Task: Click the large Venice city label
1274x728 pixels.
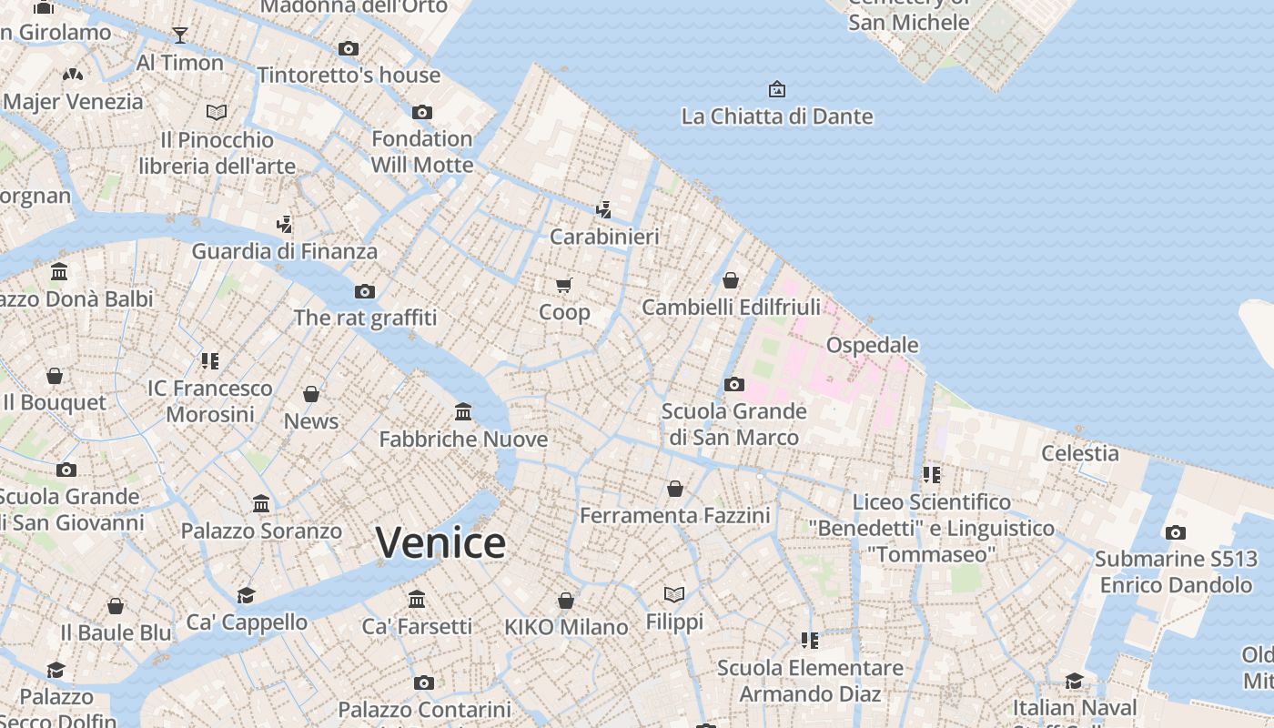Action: point(441,543)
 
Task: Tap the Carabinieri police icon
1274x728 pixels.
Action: point(603,210)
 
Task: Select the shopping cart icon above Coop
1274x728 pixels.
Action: point(564,286)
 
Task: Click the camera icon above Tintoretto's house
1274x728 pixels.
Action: point(349,48)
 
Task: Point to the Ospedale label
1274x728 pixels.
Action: point(872,346)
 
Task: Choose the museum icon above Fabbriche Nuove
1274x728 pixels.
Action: point(463,412)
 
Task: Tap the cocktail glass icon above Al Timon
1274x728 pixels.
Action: point(180,35)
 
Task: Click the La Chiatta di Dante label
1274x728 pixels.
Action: point(777,116)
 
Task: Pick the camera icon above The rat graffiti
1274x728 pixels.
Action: point(365,291)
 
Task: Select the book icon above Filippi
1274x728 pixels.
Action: point(674,594)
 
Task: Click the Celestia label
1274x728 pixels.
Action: point(1080,453)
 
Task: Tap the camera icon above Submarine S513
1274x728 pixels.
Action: point(1176,532)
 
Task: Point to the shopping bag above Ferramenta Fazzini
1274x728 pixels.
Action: point(675,489)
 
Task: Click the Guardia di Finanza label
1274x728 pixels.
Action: point(285,251)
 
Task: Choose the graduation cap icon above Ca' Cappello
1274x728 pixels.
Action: point(247,595)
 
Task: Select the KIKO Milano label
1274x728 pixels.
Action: point(566,627)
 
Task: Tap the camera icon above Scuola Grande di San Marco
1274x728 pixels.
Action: point(734,384)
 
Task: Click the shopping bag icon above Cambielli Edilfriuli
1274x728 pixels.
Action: point(731,280)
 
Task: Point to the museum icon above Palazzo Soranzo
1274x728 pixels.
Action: point(262,503)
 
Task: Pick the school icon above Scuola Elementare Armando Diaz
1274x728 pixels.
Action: point(810,641)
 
